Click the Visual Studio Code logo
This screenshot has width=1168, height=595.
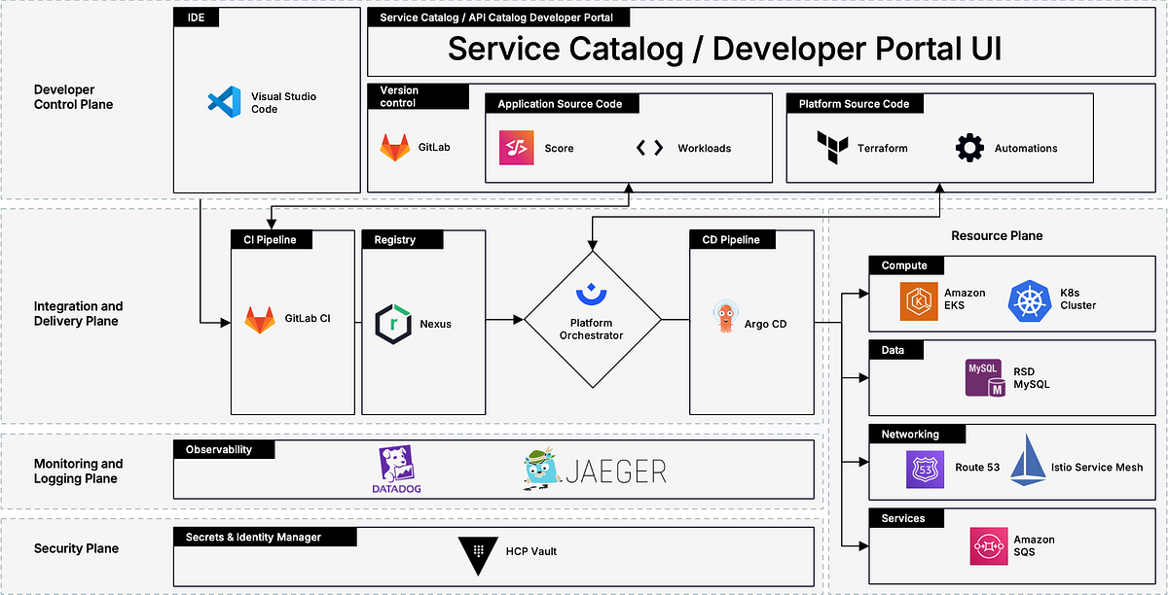[224, 102]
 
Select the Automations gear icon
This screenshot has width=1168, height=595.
[969, 148]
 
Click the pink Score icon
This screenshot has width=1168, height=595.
[515, 148]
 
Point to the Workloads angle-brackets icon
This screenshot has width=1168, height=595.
[649, 148]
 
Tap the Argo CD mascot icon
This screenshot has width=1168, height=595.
[725, 318]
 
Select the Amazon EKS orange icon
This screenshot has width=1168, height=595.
[918, 299]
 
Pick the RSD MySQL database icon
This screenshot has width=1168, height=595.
[984, 377]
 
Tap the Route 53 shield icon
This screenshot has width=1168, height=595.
[923, 468]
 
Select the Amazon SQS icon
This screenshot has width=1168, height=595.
[988, 545]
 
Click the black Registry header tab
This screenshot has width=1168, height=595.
[402, 239]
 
